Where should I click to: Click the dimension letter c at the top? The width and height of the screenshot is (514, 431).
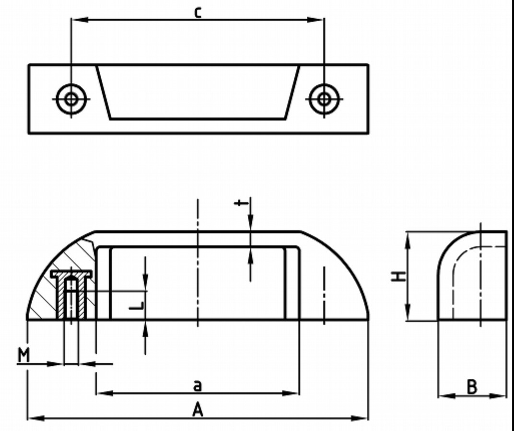point(198,12)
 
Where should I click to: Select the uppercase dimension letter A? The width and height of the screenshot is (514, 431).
point(198,410)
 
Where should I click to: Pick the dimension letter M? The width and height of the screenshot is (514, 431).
point(23,355)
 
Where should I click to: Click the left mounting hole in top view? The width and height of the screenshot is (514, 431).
point(71,99)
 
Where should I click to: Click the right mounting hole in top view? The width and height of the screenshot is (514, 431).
point(324,99)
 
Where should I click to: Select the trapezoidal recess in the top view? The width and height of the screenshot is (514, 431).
point(198,91)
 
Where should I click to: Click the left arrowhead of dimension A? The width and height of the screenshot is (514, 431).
point(31,419)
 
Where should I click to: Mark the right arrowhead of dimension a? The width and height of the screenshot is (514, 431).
point(293,393)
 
